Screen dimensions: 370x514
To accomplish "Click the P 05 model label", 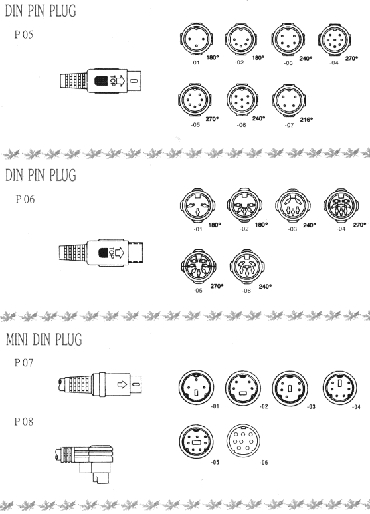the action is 23,35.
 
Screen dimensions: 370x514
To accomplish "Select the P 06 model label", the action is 25,199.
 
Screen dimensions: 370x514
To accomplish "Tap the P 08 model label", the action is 23,421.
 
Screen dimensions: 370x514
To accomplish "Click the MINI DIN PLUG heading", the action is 44,339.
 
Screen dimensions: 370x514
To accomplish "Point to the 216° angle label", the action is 306,120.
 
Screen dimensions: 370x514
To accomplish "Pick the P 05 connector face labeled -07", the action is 288,100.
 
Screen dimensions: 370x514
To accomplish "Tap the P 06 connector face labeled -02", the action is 244,205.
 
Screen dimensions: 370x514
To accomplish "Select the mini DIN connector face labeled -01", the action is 196,388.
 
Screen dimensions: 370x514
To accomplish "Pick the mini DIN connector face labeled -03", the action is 290,388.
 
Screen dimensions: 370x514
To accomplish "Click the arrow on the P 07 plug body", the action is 122,384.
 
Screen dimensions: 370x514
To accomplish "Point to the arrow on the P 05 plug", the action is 120,80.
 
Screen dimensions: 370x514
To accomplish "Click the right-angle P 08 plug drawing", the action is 84,463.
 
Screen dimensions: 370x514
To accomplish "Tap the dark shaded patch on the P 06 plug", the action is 104,253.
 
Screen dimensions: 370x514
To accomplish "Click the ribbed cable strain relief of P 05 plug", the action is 74,80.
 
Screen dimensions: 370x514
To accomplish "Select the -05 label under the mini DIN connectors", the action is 215,462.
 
